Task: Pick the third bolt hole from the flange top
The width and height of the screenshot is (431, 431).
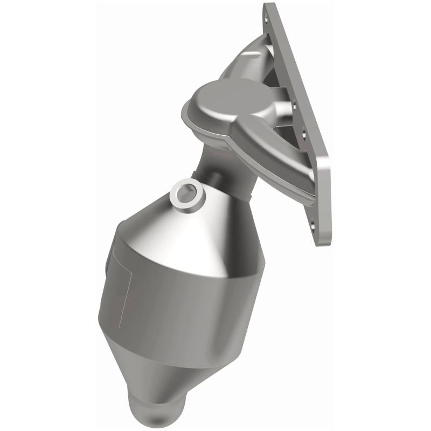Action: [304, 130]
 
